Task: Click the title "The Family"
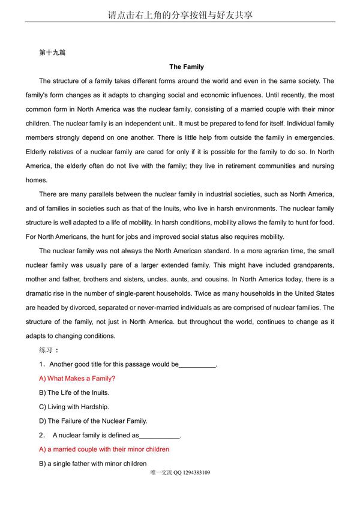[x=187, y=67]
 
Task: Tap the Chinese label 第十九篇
[x=52, y=52]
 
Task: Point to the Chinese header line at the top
[x=180, y=14]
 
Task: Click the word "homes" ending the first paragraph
[x=35, y=180]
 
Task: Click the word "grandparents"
[x=313, y=265]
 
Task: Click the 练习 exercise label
[x=46, y=350]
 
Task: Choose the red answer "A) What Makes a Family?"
[x=77, y=379]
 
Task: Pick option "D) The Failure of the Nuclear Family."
[x=93, y=421]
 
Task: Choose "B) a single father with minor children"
[x=93, y=463]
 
